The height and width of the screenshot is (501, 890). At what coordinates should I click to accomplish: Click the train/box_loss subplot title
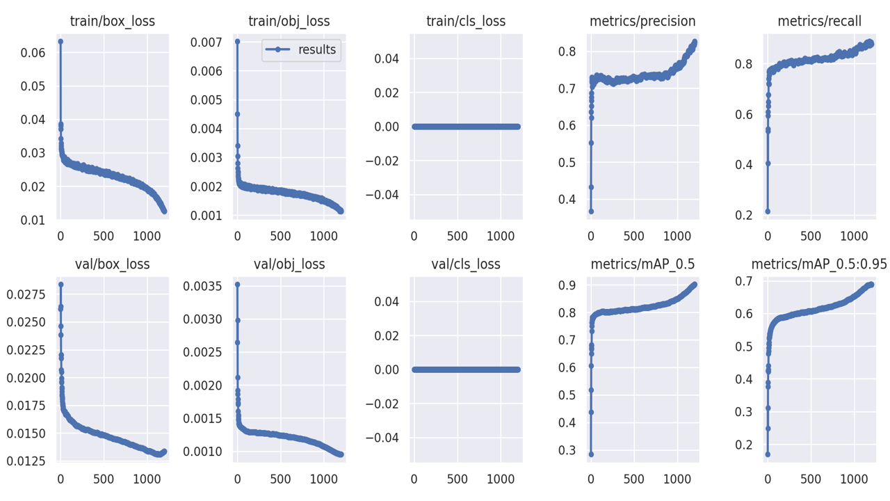point(113,22)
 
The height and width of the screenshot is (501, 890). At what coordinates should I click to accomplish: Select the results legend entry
point(301,50)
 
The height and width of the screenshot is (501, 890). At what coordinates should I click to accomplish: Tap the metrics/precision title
point(642,22)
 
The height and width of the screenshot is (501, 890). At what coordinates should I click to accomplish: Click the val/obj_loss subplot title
point(289,264)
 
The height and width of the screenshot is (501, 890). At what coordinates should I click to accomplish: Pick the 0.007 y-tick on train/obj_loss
point(211,42)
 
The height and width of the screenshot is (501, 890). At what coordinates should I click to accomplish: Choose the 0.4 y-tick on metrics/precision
point(569,200)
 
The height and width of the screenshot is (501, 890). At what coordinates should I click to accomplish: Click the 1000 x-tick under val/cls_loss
point(500,479)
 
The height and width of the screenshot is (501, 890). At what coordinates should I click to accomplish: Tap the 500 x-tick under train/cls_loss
point(457,237)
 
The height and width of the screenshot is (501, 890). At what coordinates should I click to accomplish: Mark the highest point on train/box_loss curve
point(60,42)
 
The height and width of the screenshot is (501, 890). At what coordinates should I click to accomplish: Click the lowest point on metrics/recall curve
point(768,211)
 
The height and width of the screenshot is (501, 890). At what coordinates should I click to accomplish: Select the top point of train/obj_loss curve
point(237,42)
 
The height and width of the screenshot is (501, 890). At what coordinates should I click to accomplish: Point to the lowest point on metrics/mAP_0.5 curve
point(591,454)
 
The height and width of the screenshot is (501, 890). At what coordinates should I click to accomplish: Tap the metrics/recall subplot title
point(819,22)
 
